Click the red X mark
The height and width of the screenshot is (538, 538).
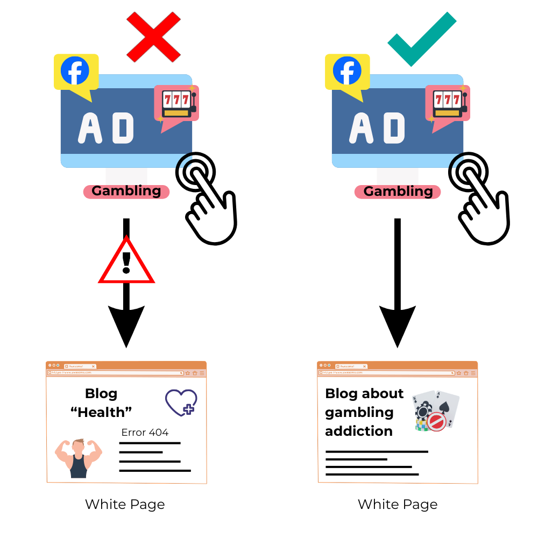point(153,36)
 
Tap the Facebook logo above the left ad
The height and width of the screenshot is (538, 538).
point(75,72)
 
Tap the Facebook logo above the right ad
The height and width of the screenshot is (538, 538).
point(347,72)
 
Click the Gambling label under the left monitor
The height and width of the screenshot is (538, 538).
point(126,192)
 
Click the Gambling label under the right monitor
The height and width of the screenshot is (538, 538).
point(398,192)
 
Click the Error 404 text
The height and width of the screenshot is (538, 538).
point(145,433)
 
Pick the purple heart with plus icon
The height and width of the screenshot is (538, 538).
point(181,402)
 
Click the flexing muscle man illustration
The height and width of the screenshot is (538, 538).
point(79,457)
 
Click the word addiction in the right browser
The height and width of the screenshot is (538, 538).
point(359,431)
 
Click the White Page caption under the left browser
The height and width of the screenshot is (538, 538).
point(125,505)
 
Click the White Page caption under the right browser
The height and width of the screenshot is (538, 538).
point(398,505)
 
